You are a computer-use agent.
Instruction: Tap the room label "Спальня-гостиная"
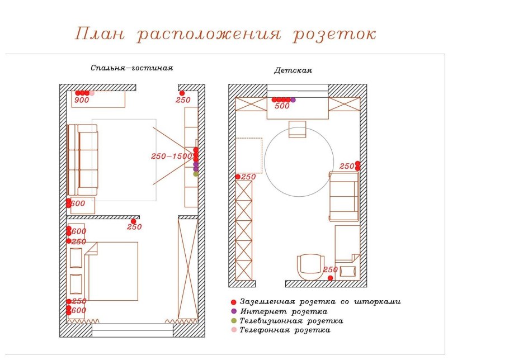pyautogui.click(x=132, y=68)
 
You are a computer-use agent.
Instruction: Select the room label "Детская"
pyautogui.click(x=293, y=70)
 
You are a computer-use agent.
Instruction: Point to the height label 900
pyautogui.click(x=82, y=101)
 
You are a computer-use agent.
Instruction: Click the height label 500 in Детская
pyautogui.click(x=282, y=106)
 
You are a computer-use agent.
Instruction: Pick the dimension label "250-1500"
pyautogui.click(x=172, y=157)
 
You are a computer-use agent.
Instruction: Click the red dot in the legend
pyautogui.click(x=233, y=302)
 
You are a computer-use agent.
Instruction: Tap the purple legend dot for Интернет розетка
pyautogui.click(x=233, y=311)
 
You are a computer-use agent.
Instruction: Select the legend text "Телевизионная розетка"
pyautogui.click(x=291, y=321)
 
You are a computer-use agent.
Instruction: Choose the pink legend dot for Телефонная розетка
pyautogui.click(x=233, y=330)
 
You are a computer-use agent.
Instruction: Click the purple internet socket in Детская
pyautogui.click(x=293, y=100)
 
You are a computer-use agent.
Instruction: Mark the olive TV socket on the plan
pyautogui.click(x=196, y=174)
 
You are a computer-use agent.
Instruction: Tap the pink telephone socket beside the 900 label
pyautogui.click(x=92, y=93)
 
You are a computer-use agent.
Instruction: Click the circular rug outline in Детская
pyautogui.click(x=299, y=162)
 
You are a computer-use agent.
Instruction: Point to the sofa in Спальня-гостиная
pyautogui.click(x=82, y=160)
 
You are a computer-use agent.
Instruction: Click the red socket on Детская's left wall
pyautogui.click(x=238, y=177)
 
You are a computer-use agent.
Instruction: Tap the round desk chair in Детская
pyautogui.click(x=309, y=267)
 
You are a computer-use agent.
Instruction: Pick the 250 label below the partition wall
pyautogui.click(x=134, y=227)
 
